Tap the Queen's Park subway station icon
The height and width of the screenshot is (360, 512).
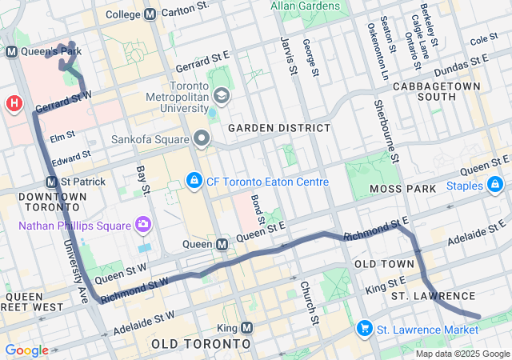(x=12, y=52)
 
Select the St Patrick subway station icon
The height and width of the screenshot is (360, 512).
(x=52, y=182)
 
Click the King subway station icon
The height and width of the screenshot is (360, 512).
(x=246, y=328)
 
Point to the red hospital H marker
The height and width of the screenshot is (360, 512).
(x=14, y=103)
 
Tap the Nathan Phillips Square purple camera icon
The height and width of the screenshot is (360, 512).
(x=143, y=223)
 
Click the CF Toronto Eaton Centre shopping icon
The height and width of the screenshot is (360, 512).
(x=194, y=182)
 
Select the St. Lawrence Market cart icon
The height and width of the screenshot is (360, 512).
(x=365, y=329)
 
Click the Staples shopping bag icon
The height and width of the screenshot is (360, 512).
(x=496, y=186)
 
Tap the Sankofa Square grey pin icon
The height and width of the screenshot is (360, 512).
(x=202, y=138)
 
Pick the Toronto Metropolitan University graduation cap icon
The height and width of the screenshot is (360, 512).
(x=221, y=97)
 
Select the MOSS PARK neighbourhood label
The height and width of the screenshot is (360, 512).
(x=403, y=189)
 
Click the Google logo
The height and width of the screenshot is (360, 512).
(x=26, y=350)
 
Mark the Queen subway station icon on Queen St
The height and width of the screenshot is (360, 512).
(x=224, y=244)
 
